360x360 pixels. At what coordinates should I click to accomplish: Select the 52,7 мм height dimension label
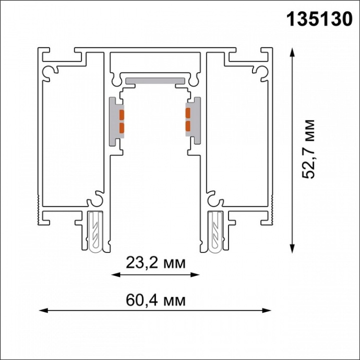pos(310,149)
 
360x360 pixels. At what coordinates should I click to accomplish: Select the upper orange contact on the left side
pos(122,114)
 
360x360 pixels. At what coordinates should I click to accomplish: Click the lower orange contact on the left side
pos(122,127)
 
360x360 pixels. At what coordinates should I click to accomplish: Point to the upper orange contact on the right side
pos(187,111)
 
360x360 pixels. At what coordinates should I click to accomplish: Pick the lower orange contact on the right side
pos(187,125)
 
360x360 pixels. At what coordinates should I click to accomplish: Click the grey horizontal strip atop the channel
pos(155,80)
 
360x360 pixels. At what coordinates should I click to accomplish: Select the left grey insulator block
pos(114,121)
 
